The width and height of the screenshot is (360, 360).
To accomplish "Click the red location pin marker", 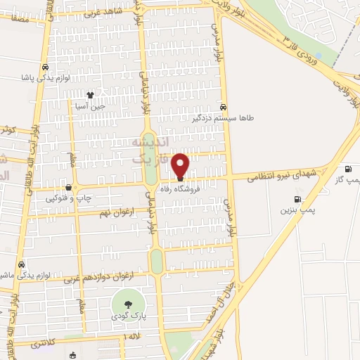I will pos(181,165).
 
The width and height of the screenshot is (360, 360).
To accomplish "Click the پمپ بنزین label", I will pos(296,210).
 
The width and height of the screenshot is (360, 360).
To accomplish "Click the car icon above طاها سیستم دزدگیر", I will pos(223,108).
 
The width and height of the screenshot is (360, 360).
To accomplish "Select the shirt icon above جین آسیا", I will pos(90,94).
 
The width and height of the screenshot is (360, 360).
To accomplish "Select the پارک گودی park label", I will pos(127,317).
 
